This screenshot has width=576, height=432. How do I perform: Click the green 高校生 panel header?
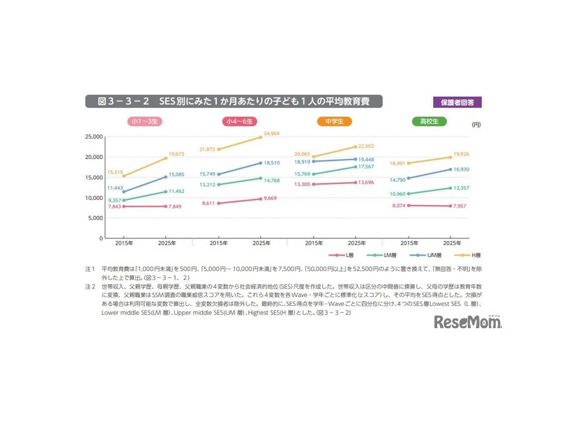[429, 121]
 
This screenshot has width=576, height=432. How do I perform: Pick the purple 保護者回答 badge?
[457, 102]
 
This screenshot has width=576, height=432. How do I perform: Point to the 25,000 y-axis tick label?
[92, 137]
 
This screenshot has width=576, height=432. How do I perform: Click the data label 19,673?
[174, 154]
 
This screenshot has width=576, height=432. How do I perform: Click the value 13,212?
[209, 185]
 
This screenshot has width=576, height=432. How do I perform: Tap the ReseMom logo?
[468, 321]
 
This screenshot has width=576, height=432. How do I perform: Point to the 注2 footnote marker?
[89, 286]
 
